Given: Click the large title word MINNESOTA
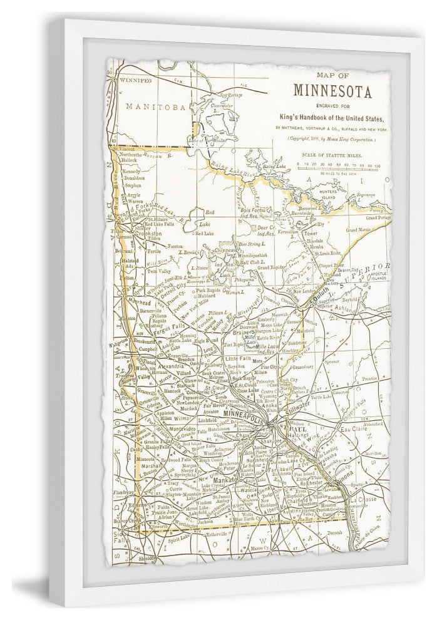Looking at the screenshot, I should (332, 92).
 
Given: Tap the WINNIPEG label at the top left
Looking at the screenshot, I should (136, 80).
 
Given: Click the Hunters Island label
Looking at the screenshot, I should (332, 192).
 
